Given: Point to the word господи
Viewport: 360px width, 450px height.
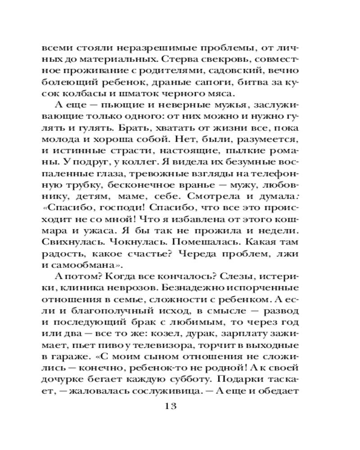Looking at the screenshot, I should click(x=112, y=211).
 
